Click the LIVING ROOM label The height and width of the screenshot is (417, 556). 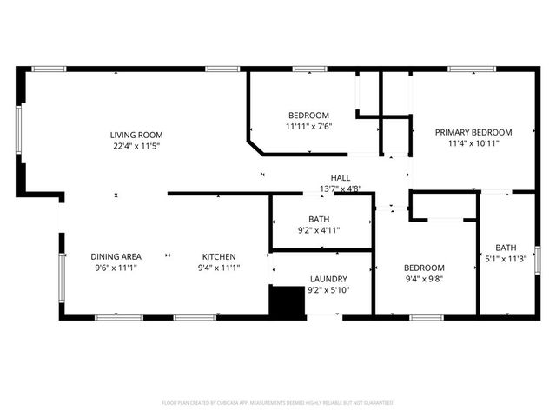click(x=136, y=135)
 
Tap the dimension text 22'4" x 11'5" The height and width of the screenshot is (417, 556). click(x=136, y=146)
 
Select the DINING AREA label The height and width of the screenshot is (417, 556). click(x=116, y=256)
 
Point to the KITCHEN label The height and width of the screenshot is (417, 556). click(x=221, y=256)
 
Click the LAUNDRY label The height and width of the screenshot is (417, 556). click(x=329, y=279)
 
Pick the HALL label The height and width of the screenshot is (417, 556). click(x=341, y=177)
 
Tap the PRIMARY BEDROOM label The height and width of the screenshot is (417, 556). click(x=473, y=132)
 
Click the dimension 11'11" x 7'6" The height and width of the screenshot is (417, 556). click(x=309, y=126)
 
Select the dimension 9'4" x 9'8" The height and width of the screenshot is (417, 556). click(x=425, y=279)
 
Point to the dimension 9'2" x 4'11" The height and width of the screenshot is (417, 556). click(x=319, y=230)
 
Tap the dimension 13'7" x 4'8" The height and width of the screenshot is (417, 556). click(x=341, y=189)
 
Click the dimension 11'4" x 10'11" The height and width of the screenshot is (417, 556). click(x=473, y=143)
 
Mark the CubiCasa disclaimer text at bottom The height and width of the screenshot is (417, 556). click(x=278, y=403)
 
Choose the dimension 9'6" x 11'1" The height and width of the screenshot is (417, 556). click(x=116, y=268)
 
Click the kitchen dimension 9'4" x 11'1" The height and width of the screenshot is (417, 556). click(x=221, y=268)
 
